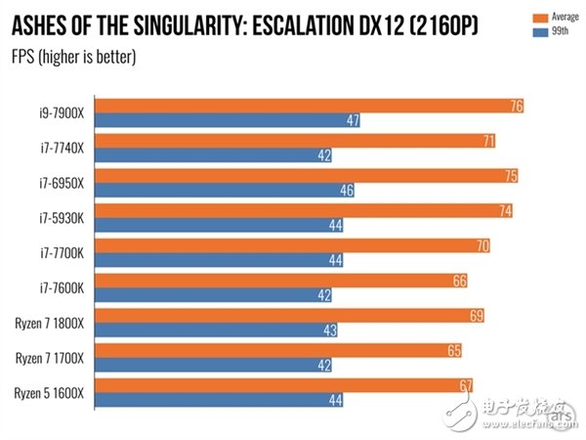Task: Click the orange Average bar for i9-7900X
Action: click(x=313, y=107)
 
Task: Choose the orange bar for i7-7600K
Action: click(x=284, y=281)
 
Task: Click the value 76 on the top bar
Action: click(x=516, y=107)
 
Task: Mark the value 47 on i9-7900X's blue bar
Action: click(x=354, y=120)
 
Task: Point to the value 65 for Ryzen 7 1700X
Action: click(x=453, y=350)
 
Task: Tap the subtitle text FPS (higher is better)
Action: click(x=73, y=57)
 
